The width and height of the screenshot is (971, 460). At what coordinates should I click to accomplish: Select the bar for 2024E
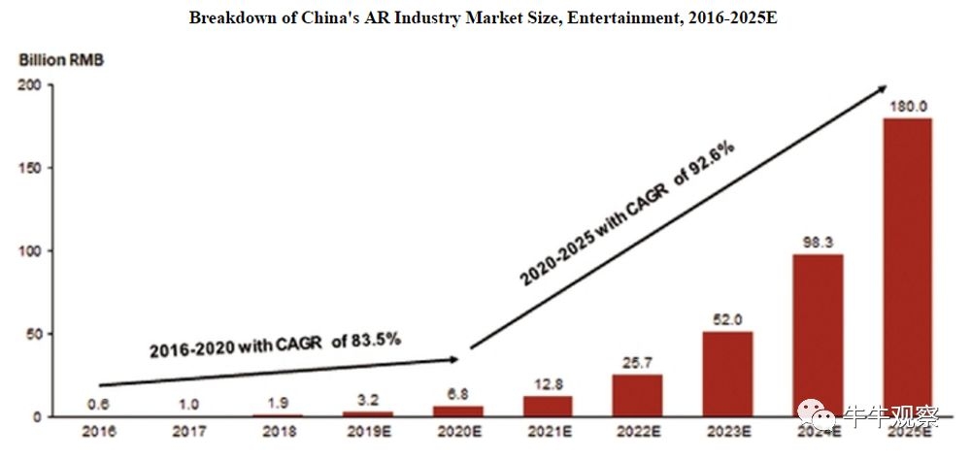point(818,335)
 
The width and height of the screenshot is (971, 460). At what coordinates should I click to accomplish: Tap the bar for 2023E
point(728,374)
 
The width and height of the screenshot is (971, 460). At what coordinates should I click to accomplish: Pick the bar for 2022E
point(638,395)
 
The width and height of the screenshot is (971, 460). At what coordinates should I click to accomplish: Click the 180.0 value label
point(907,106)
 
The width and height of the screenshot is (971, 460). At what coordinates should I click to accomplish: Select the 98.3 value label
point(818,241)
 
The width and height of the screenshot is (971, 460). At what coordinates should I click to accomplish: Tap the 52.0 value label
point(728,318)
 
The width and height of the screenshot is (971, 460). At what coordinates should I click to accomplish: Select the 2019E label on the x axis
point(370,430)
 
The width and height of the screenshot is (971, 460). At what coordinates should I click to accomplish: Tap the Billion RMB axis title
point(61,60)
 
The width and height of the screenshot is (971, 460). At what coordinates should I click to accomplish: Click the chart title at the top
point(485,17)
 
